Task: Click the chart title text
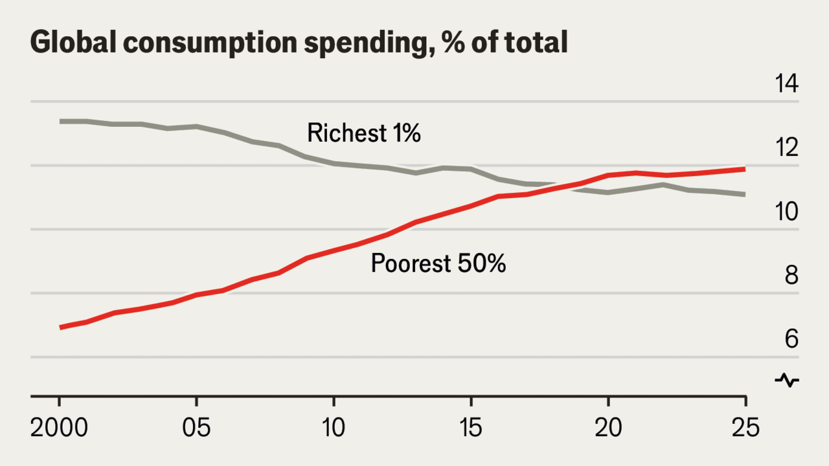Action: coord(299,43)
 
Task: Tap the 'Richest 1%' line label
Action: coord(364,133)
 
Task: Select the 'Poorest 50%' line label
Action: coord(438,263)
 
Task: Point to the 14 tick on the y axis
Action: coord(786,83)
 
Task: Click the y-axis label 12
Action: coord(786,147)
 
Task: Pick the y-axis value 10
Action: coord(786,212)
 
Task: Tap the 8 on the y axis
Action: coord(791,276)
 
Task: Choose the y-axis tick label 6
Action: coord(791,339)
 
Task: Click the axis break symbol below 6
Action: coord(787,380)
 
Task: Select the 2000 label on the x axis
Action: coord(59,428)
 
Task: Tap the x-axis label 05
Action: coord(196,428)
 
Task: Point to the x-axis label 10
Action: coord(334,428)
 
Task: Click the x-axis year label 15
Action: coord(471,428)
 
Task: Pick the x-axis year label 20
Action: coord(608,428)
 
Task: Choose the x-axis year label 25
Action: coord(745,428)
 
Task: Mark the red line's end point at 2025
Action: coord(745,170)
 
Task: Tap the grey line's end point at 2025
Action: coord(745,195)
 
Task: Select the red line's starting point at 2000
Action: coord(60,327)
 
